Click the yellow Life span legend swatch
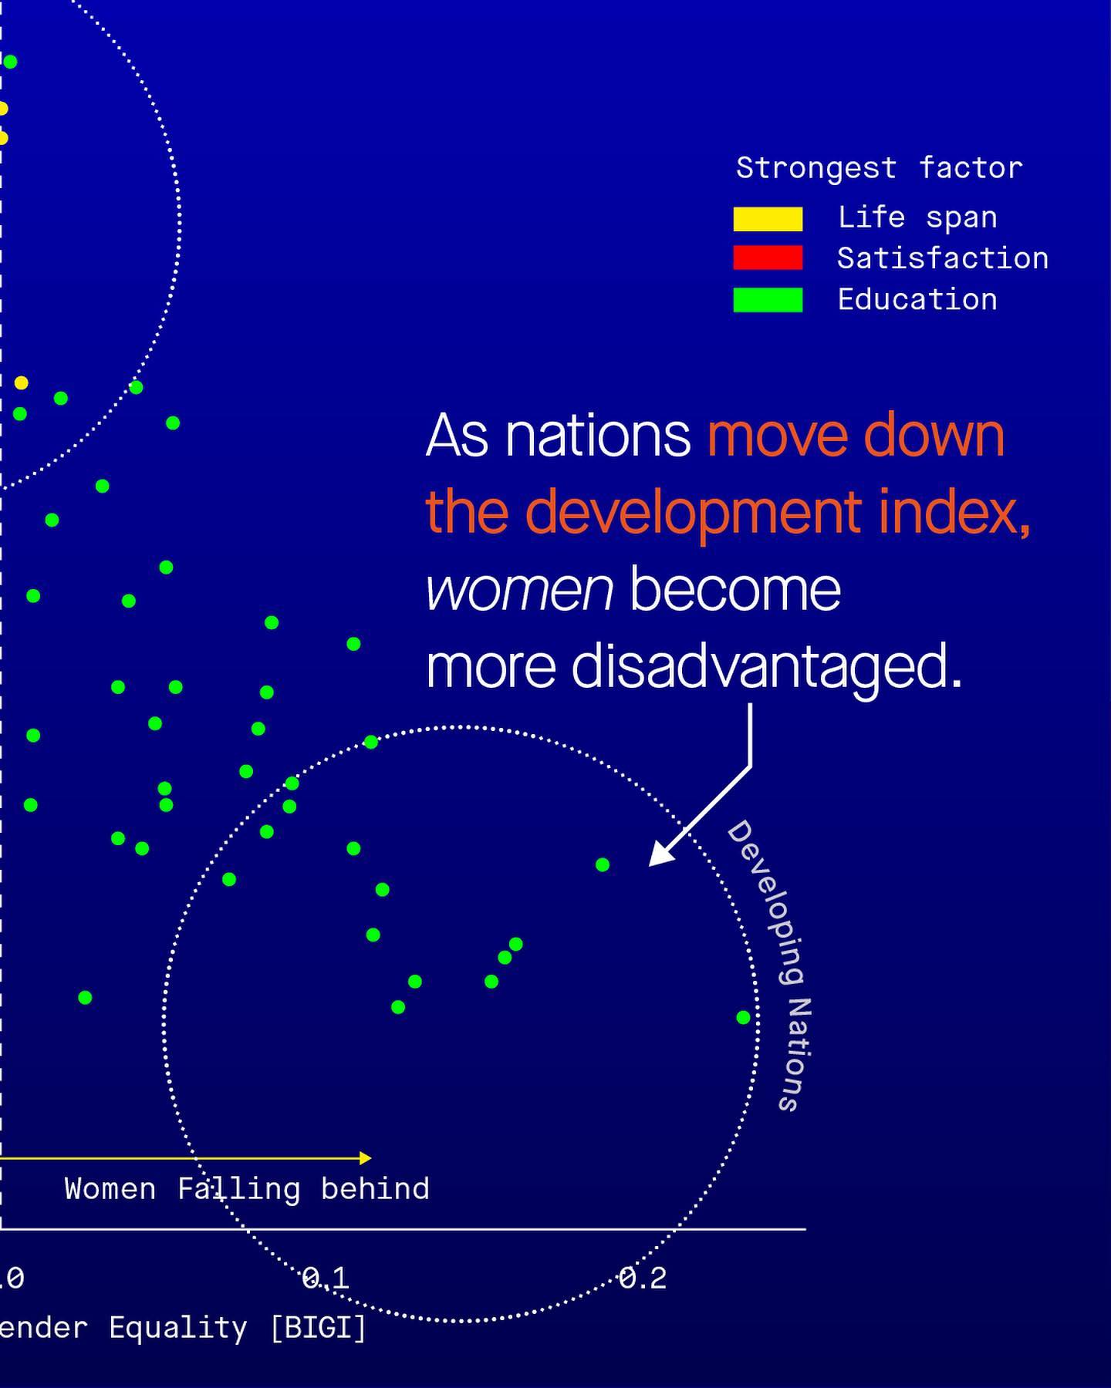point(768,219)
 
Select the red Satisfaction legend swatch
point(768,258)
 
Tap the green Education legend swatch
point(768,300)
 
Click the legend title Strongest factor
point(879,168)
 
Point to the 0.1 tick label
point(326,1278)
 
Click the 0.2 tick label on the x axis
point(643,1278)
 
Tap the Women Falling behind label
point(247,1189)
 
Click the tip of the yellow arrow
point(369,1157)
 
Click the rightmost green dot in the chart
point(743,1018)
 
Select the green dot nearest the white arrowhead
point(603,865)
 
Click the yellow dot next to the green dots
point(21,382)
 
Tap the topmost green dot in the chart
point(9,62)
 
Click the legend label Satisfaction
point(943,258)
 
